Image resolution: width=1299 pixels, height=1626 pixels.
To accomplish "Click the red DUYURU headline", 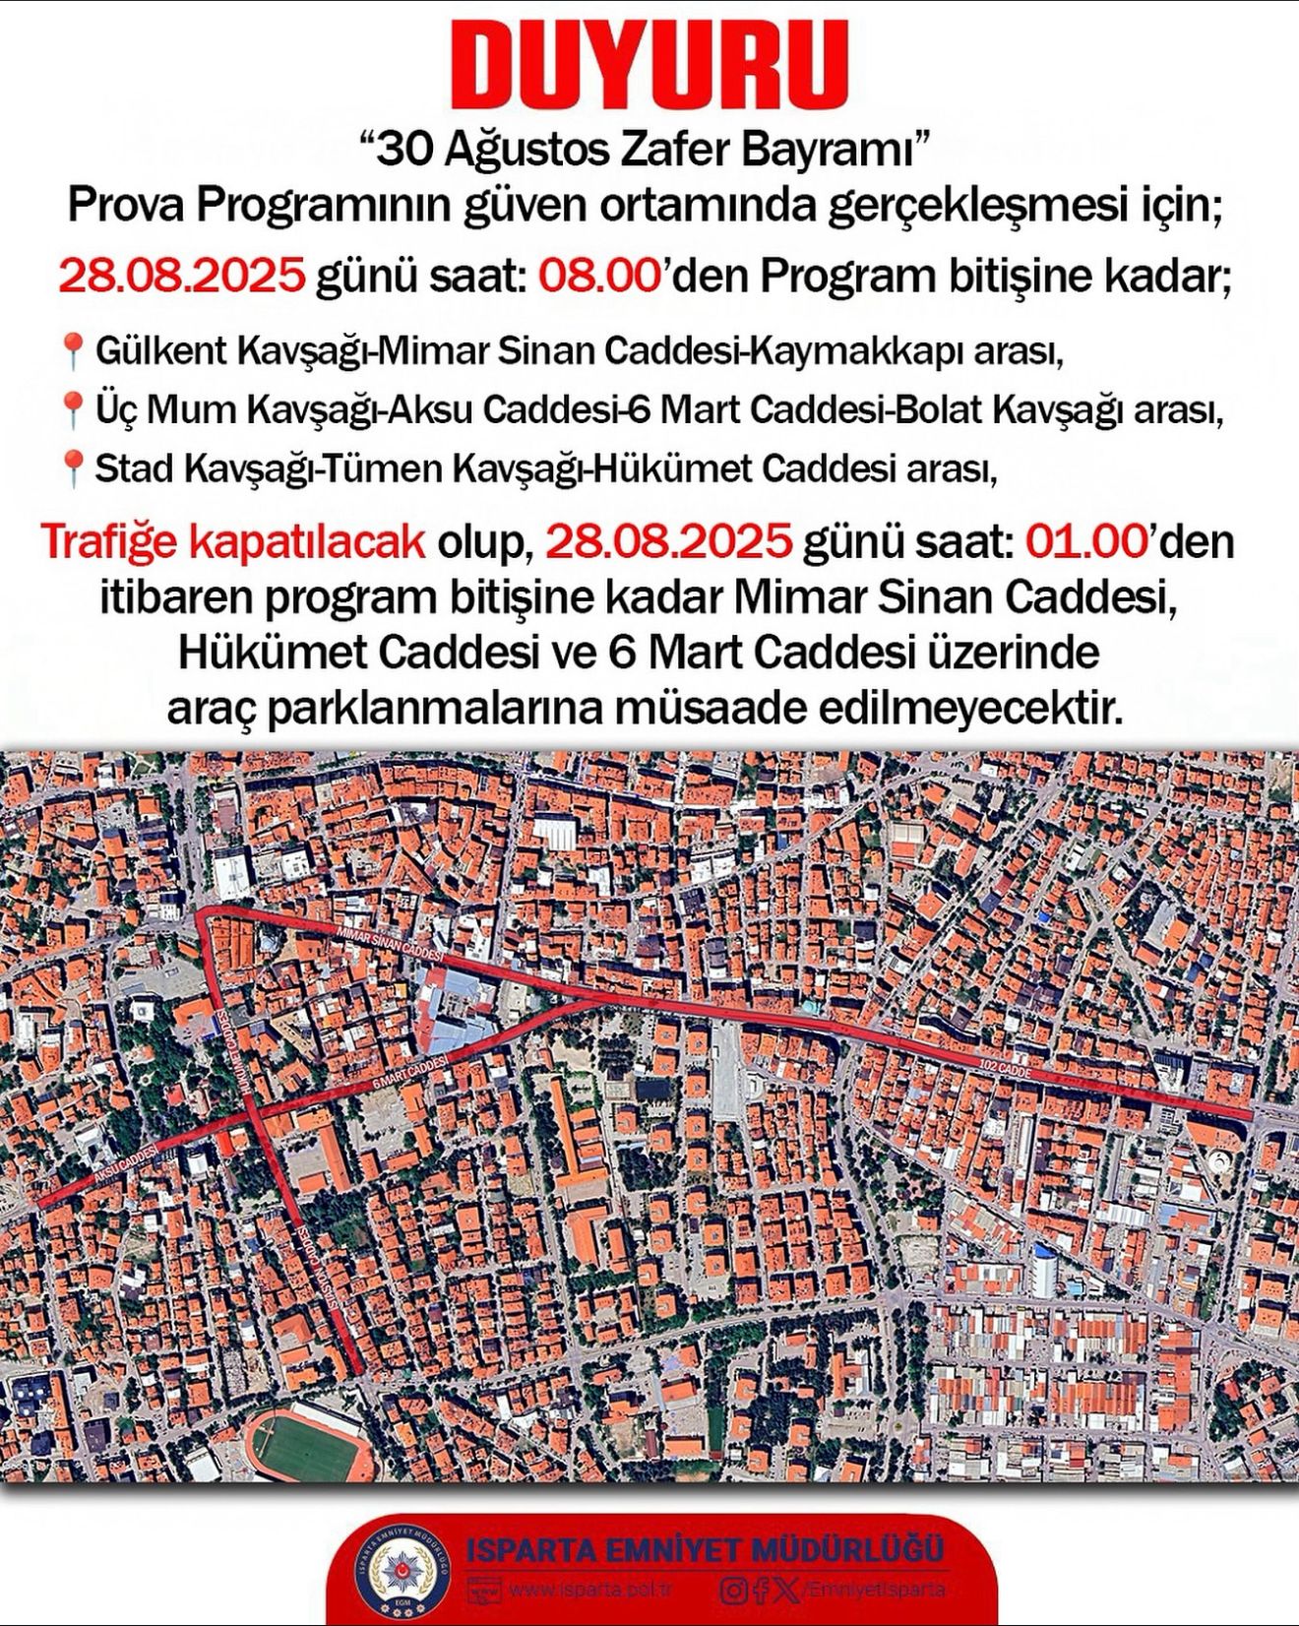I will [x=649, y=65].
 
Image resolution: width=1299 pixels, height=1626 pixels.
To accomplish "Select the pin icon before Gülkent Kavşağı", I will [x=71, y=349].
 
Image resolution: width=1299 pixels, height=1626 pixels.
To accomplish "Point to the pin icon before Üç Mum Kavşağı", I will [x=71, y=409].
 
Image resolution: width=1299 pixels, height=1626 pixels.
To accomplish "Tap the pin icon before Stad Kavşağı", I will [x=71, y=469].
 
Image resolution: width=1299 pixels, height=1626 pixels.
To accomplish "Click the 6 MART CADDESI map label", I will [x=410, y=1069].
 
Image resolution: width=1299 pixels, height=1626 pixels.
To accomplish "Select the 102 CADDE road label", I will [x=1005, y=1070].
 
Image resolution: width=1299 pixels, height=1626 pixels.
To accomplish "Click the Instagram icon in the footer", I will [x=732, y=1590].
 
